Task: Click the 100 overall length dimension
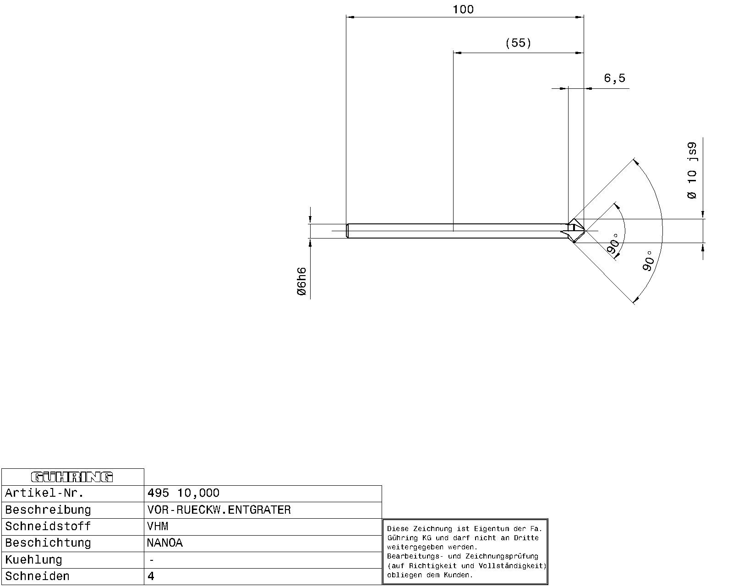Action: pos(463,10)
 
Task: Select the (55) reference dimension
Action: pos(518,43)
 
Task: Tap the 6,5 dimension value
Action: pos(614,78)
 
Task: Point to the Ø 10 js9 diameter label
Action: pos(692,171)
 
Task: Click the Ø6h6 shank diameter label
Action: pos(302,281)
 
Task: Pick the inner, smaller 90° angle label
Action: pos(614,244)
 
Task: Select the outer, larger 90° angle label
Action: pos(648,261)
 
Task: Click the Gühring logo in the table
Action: pos(72,477)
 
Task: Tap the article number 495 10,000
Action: pos(183,493)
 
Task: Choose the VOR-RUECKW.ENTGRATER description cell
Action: pos(219,510)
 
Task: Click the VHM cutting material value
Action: pos(157,526)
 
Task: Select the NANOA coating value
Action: pos(165,543)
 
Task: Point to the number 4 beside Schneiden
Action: pos(151,576)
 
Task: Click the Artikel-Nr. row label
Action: pos(44,493)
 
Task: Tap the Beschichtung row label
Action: pos(48,543)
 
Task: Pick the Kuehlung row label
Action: pos(33,560)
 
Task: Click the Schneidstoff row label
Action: pos(48,526)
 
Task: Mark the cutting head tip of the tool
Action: pos(585,231)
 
